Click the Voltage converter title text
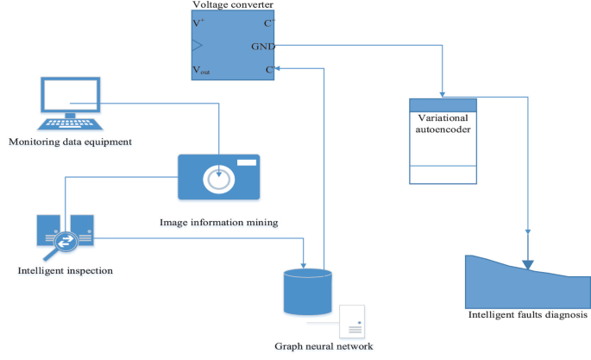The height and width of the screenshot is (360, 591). (233, 6)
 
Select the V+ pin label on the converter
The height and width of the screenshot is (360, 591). (199, 22)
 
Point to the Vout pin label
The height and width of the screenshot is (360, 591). (201, 69)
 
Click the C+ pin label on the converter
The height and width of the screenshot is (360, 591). (268, 22)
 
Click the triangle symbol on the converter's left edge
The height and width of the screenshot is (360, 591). (198, 45)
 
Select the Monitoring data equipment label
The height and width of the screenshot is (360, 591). (69, 141)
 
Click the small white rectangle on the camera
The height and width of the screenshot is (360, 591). (247, 162)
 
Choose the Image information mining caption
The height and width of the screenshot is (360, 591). (218, 222)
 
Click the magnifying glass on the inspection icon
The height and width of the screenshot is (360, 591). (61, 244)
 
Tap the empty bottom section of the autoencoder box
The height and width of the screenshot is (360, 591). (442, 174)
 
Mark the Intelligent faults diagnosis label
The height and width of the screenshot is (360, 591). (527, 315)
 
